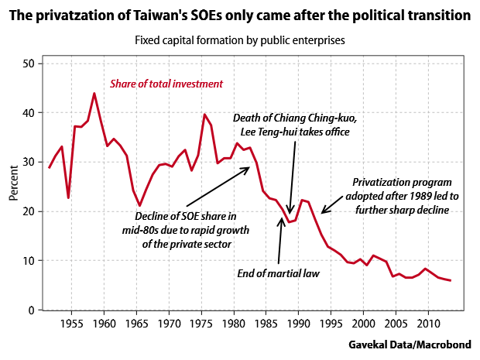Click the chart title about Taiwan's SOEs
(240, 15)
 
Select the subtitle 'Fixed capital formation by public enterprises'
(240, 39)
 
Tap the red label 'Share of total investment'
(166, 84)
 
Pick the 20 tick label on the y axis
(30, 211)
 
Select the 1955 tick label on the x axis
(71, 321)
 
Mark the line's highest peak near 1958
(94, 93)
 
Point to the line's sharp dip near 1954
(69, 197)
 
